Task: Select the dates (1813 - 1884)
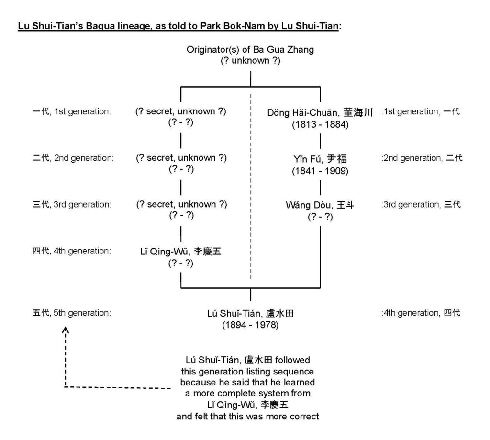click(320, 125)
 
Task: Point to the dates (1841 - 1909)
click(320, 171)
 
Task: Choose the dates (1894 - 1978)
click(250, 325)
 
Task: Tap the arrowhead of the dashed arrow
click(65, 330)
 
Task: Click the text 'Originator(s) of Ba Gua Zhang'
click(250, 50)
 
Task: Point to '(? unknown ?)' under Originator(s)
click(250, 61)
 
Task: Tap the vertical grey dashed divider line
click(250, 186)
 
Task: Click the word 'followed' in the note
click(292, 360)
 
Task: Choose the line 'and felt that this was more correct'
click(247, 417)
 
